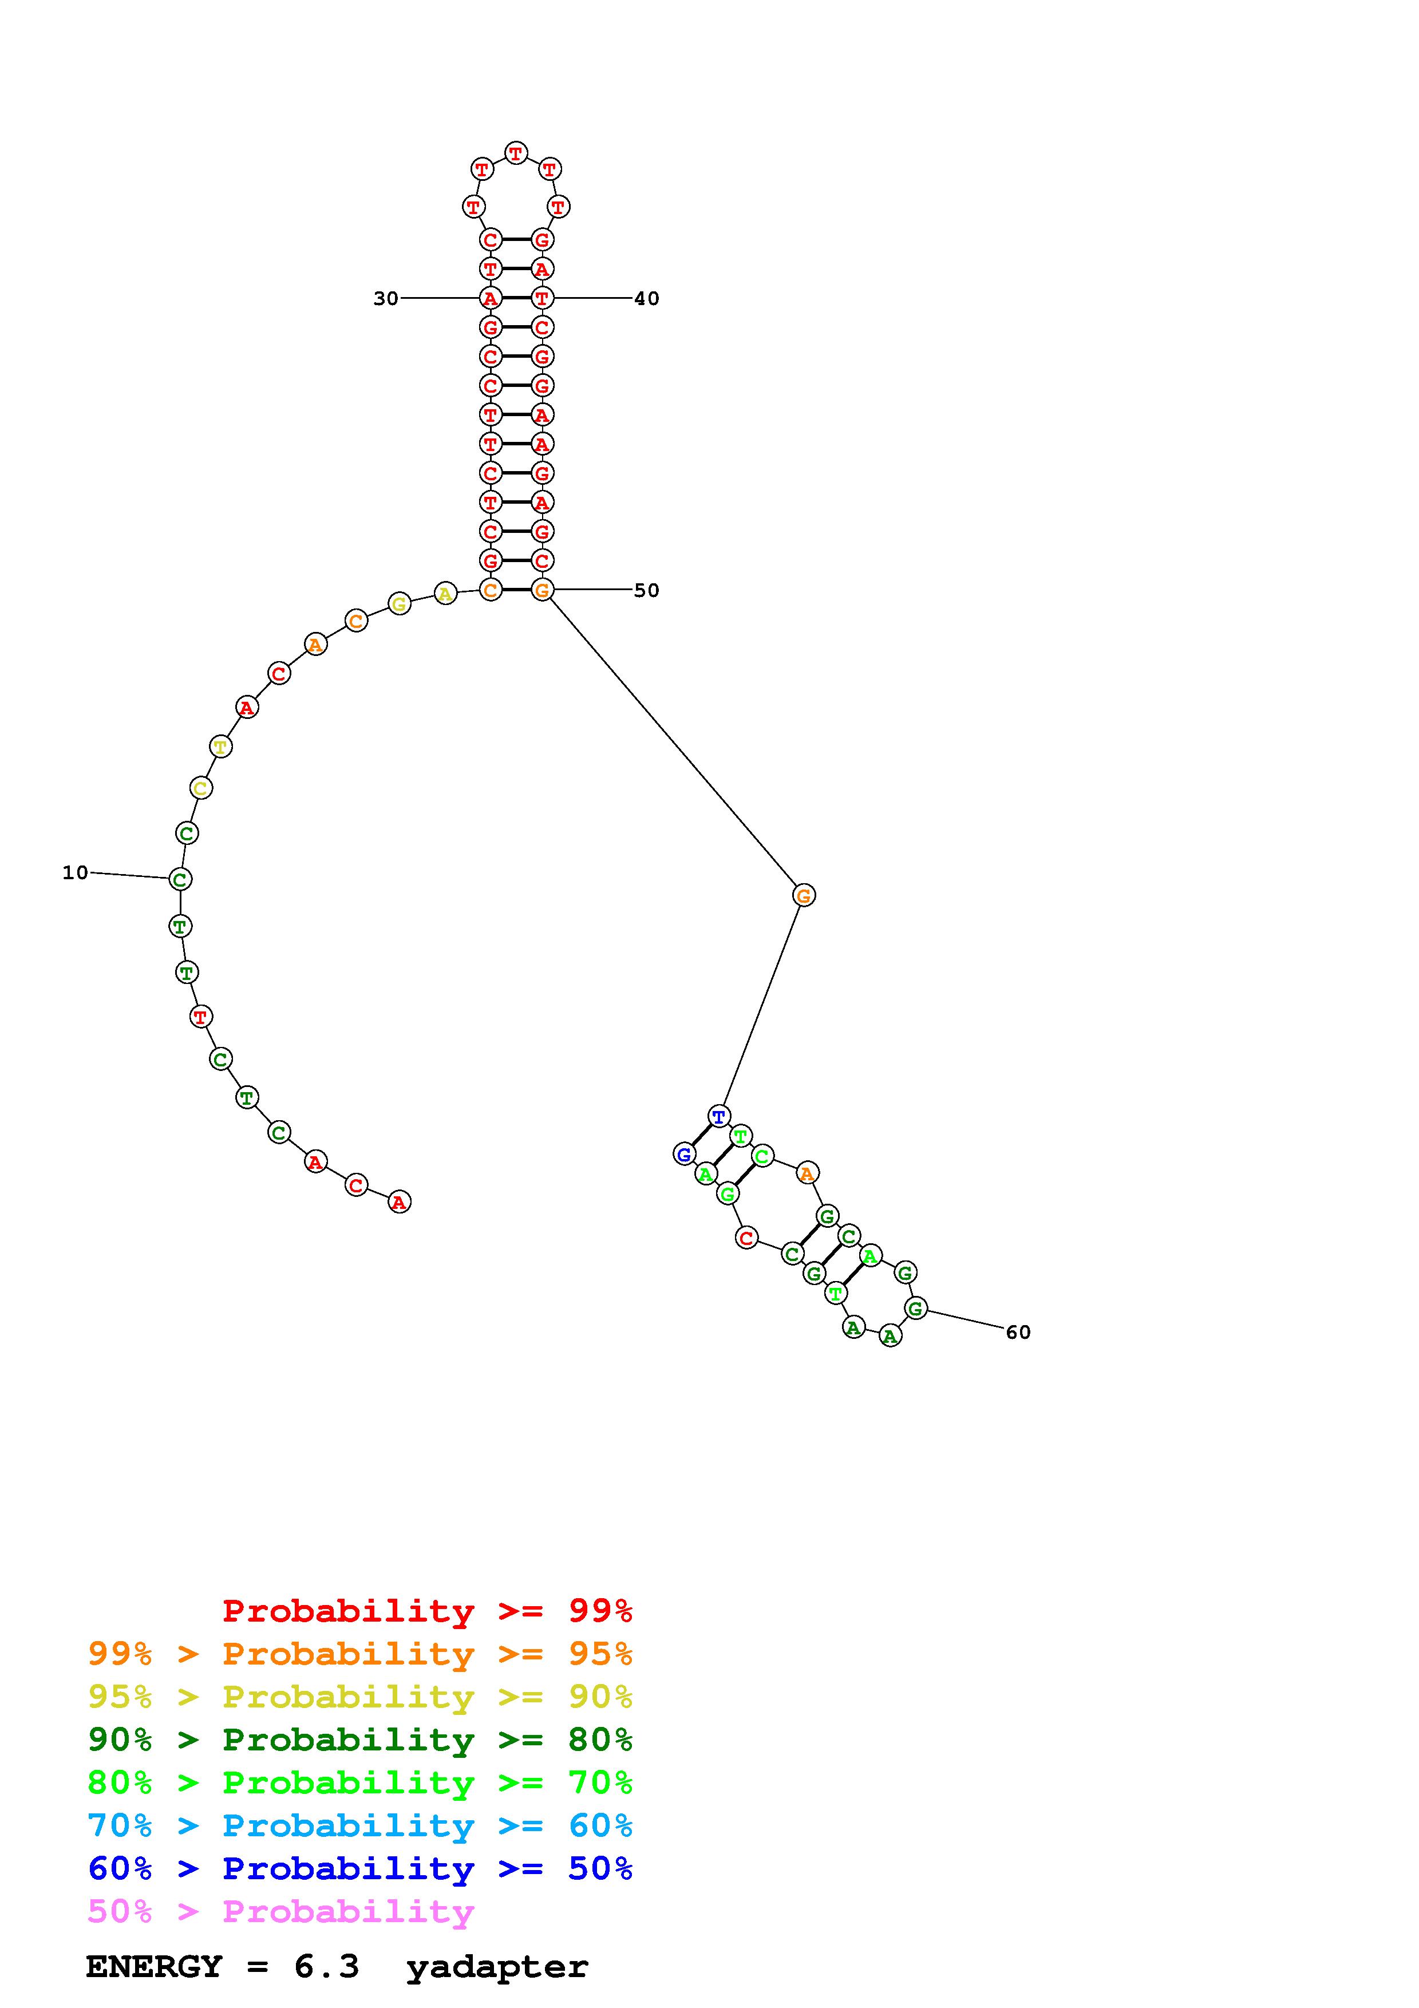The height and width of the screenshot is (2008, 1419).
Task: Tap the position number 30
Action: (x=386, y=298)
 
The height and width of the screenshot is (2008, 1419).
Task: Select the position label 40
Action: (x=646, y=298)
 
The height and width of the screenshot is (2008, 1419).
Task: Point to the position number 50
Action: (x=646, y=590)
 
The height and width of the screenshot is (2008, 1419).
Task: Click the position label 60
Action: (x=1018, y=1332)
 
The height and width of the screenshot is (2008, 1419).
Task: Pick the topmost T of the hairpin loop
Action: (x=517, y=153)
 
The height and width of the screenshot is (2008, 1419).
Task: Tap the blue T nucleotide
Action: (x=719, y=1116)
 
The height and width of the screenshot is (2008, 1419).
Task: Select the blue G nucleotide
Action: (x=685, y=1155)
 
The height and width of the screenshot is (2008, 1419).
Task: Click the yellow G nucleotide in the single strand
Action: (x=400, y=603)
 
